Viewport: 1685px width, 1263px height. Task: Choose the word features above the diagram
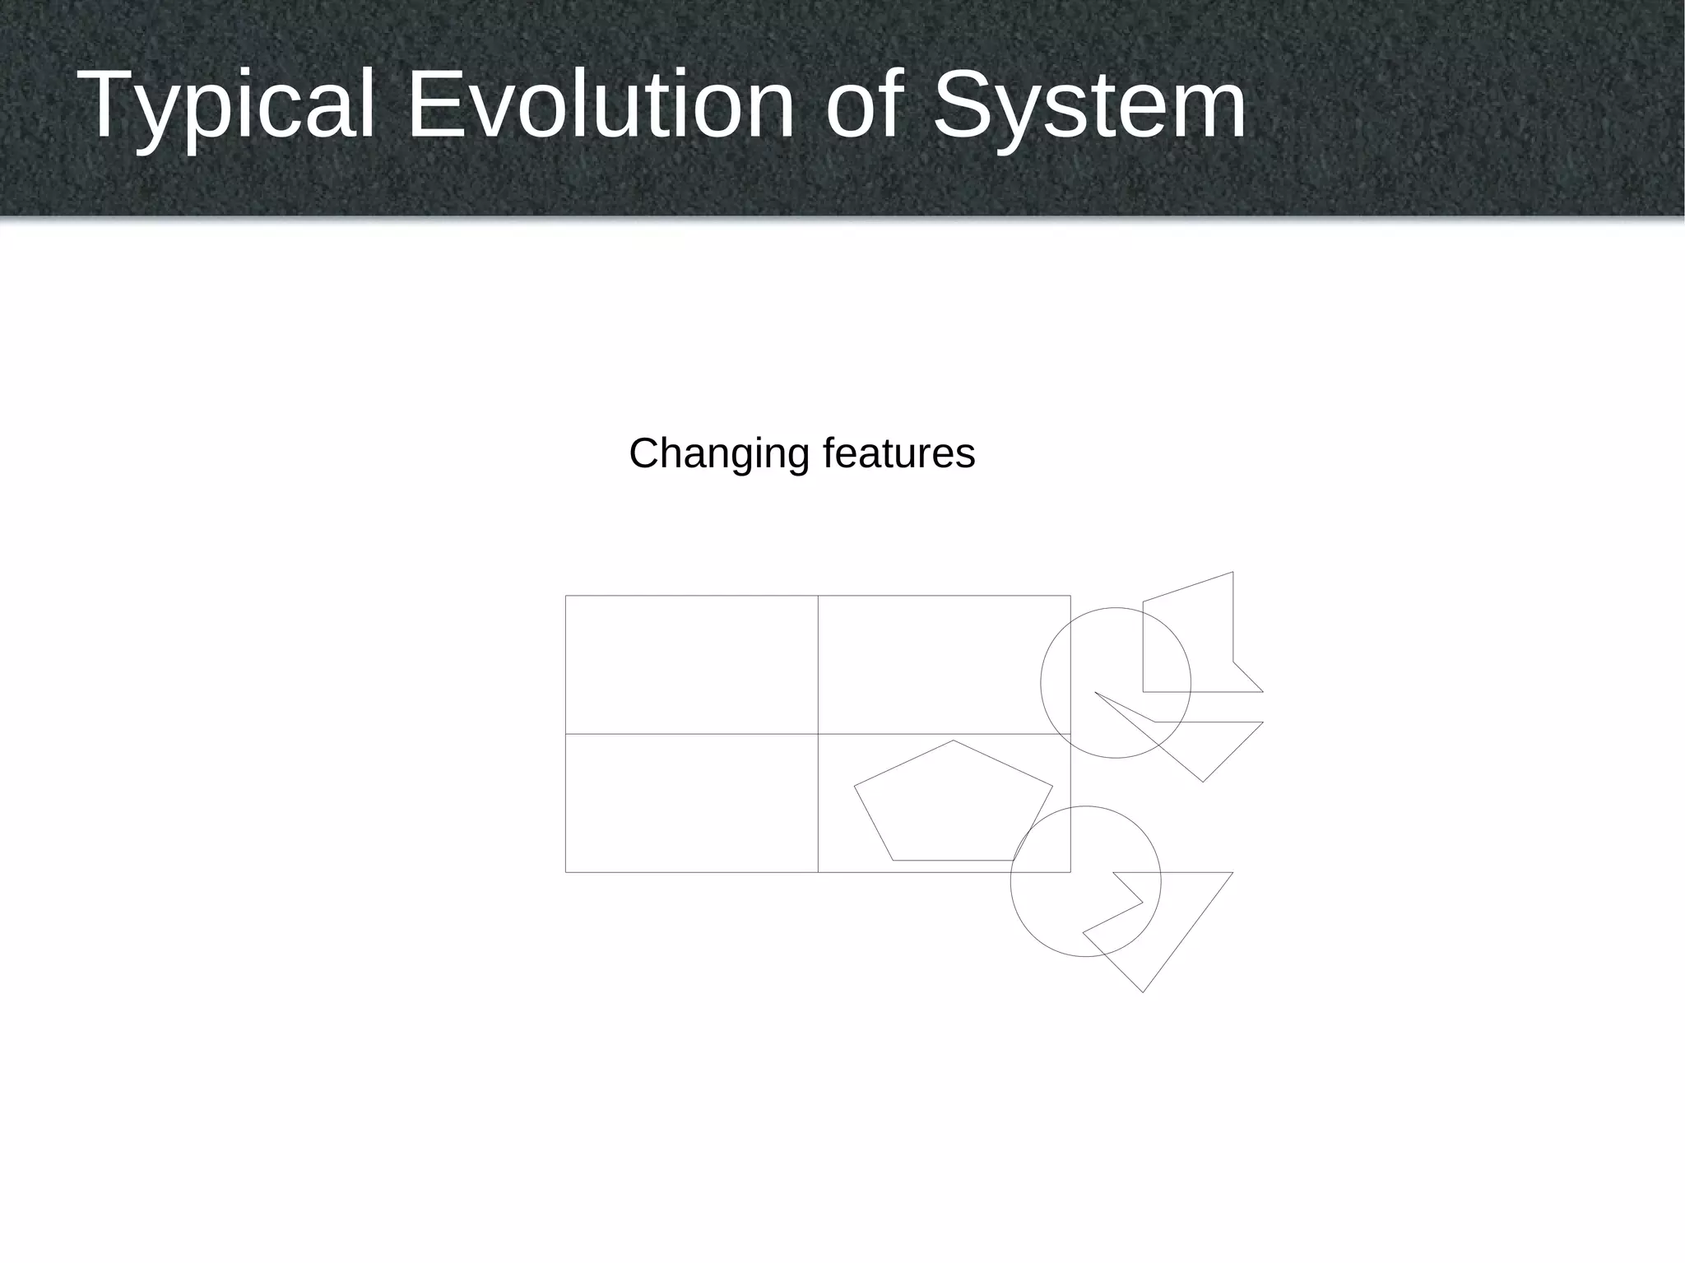point(898,453)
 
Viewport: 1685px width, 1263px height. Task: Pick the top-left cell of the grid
point(691,664)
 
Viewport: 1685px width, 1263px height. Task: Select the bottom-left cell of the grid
point(691,802)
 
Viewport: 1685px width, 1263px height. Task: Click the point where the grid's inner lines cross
point(818,733)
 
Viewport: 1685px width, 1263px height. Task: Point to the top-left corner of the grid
point(566,596)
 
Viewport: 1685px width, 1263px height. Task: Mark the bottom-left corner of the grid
point(566,871)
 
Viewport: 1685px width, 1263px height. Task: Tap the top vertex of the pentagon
point(954,741)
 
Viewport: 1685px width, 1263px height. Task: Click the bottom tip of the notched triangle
point(1143,991)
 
